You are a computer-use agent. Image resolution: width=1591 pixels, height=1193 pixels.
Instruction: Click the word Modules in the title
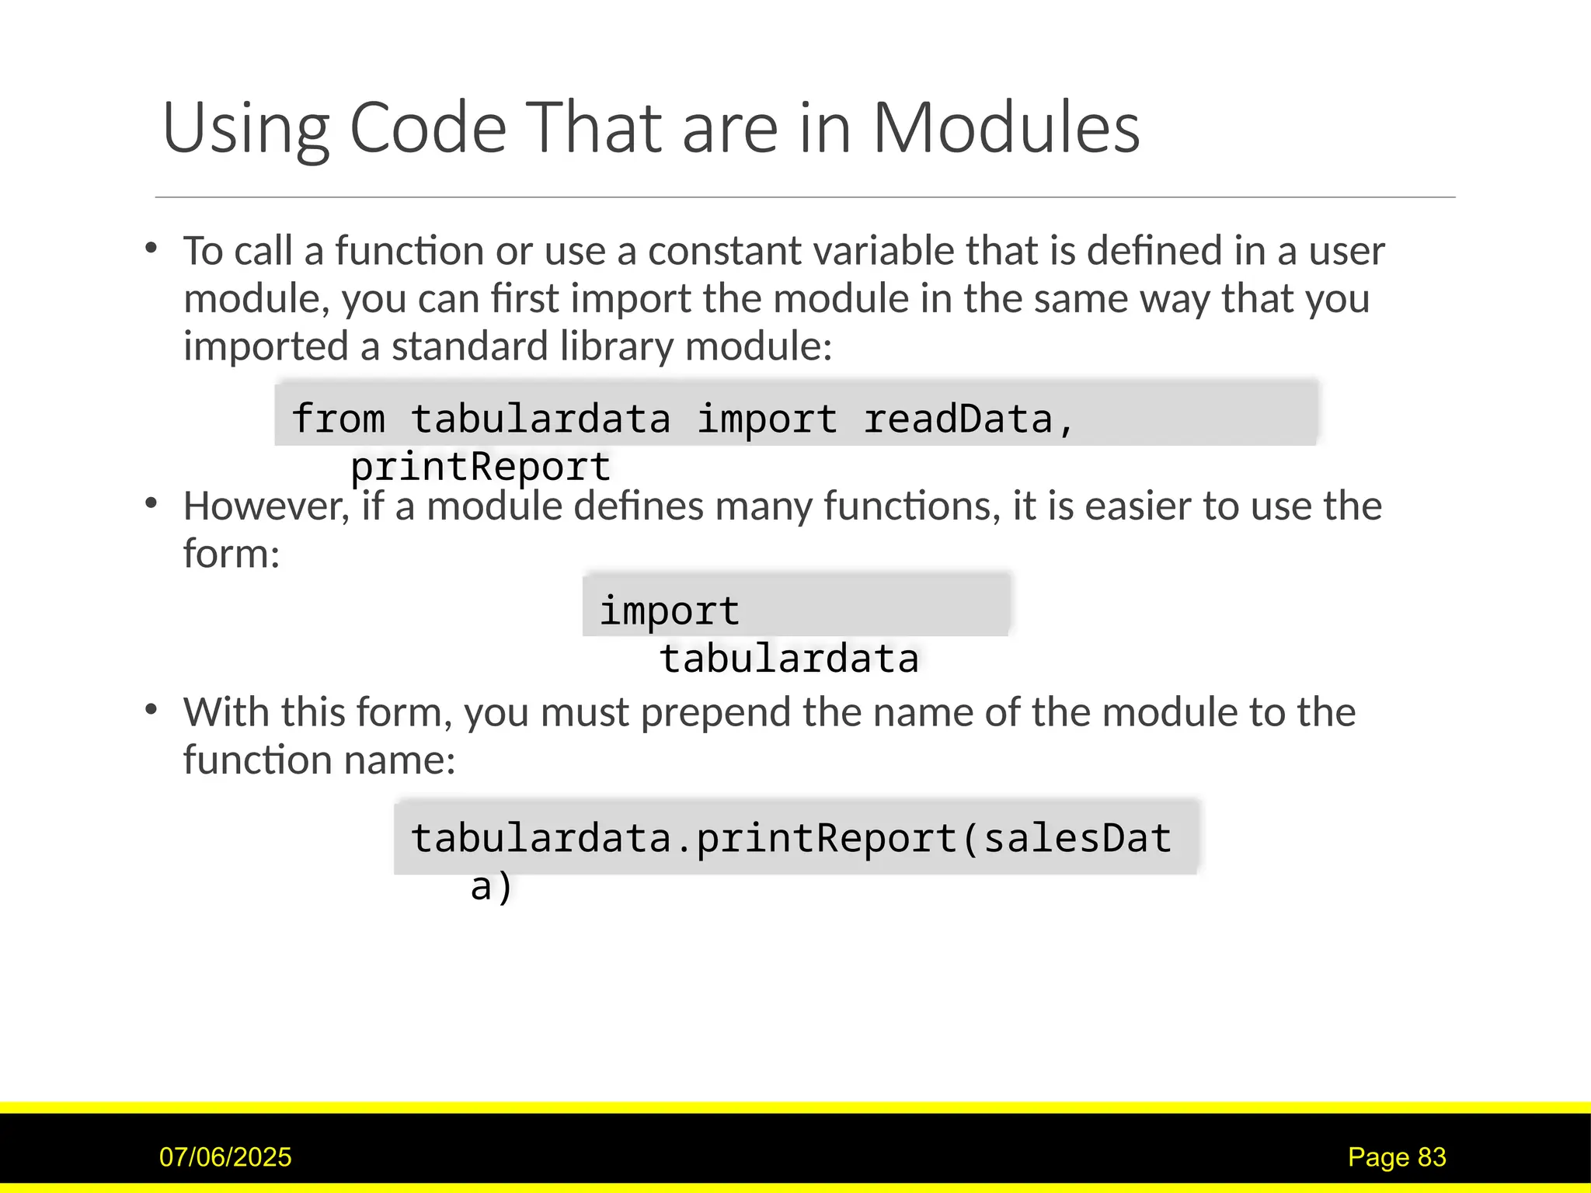pyautogui.click(x=1006, y=128)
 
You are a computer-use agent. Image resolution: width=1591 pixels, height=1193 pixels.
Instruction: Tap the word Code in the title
pyautogui.click(x=428, y=128)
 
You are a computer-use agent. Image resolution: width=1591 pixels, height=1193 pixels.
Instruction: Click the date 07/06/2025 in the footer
pyautogui.click(x=225, y=1157)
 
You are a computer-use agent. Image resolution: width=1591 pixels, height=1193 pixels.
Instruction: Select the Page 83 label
pyautogui.click(x=1397, y=1157)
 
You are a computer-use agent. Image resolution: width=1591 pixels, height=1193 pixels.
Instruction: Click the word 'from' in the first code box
pyautogui.click(x=338, y=419)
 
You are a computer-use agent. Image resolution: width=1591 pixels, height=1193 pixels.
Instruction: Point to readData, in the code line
pyautogui.click(x=969, y=419)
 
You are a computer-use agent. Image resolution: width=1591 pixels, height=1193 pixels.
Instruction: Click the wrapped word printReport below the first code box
pyautogui.click(x=480, y=467)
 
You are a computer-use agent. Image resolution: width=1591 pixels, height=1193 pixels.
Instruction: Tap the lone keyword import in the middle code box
pyautogui.click(x=669, y=610)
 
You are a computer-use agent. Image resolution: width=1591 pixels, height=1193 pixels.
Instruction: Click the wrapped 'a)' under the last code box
pyautogui.click(x=491, y=886)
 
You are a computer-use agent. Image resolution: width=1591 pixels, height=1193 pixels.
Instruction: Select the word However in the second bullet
pyautogui.click(x=266, y=506)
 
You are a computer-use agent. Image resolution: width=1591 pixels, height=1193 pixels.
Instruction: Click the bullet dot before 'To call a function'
pyautogui.click(x=151, y=249)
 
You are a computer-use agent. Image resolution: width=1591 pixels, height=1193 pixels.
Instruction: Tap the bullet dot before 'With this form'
pyautogui.click(x=151, y=709)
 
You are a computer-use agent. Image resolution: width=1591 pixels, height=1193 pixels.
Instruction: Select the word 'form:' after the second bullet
pyautogui.click(x=231, y=554)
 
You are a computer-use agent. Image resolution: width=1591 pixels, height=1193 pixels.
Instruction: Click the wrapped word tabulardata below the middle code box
pyautogui.click(x=789, y=659)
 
